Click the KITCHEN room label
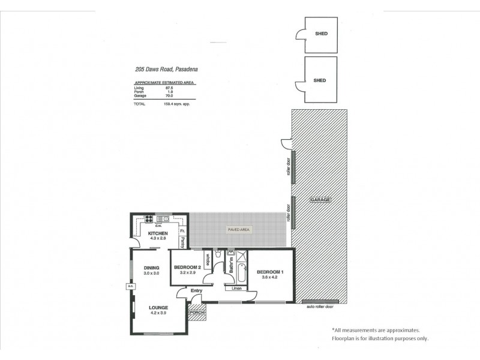coord(158,233)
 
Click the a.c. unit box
coord(130,286)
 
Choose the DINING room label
coord(151,268)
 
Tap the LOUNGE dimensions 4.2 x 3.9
coord(158,313)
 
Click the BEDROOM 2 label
coord(187,267)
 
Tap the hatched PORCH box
coord(197,313)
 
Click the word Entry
coord(196,291)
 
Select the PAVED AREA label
coord(238,230)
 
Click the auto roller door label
coord(320,307)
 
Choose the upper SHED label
coord(320,34)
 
